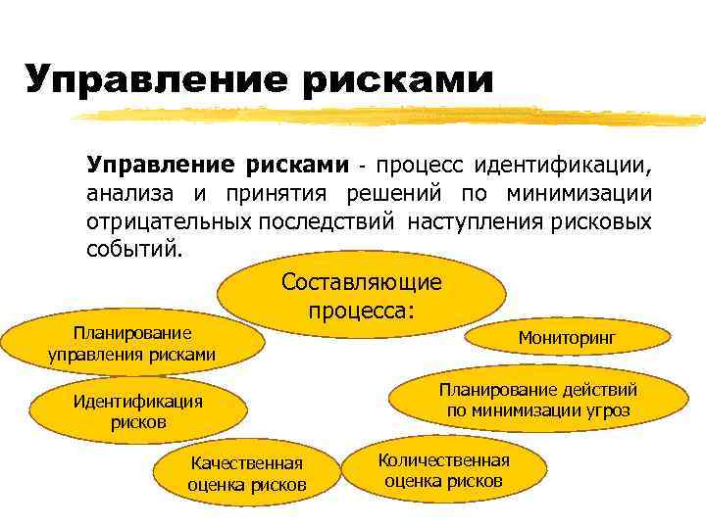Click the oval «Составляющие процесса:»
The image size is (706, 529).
pos(362,296)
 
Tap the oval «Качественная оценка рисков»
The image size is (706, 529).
pos(247,474)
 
